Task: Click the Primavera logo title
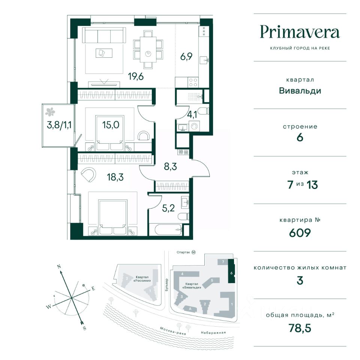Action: tap(300, 32)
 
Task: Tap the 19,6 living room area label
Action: tap(136, 76)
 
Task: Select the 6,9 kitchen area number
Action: tap(186, 56)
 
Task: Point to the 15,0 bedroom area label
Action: tap(111, 125)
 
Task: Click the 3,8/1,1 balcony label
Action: tap(59, 125)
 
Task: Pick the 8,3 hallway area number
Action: tap(170, 166)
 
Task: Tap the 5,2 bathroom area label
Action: tap(168, 208)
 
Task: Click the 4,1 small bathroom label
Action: tap(192, 115)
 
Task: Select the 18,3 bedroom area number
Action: tap(115, 177)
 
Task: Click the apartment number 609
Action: tap(300, 233)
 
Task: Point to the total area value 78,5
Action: tap(300, 328)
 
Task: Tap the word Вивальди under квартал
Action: tap(300, 91)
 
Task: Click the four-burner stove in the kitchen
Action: tap(193, 82)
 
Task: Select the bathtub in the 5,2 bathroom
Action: tap(168, 229)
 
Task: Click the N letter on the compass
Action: tap(59, 267)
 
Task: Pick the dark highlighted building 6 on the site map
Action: tap(231, 271)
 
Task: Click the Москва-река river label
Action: tap(172, 331)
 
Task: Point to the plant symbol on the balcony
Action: tap(50, 112)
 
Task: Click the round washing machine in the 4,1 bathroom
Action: tap(195, 126)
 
